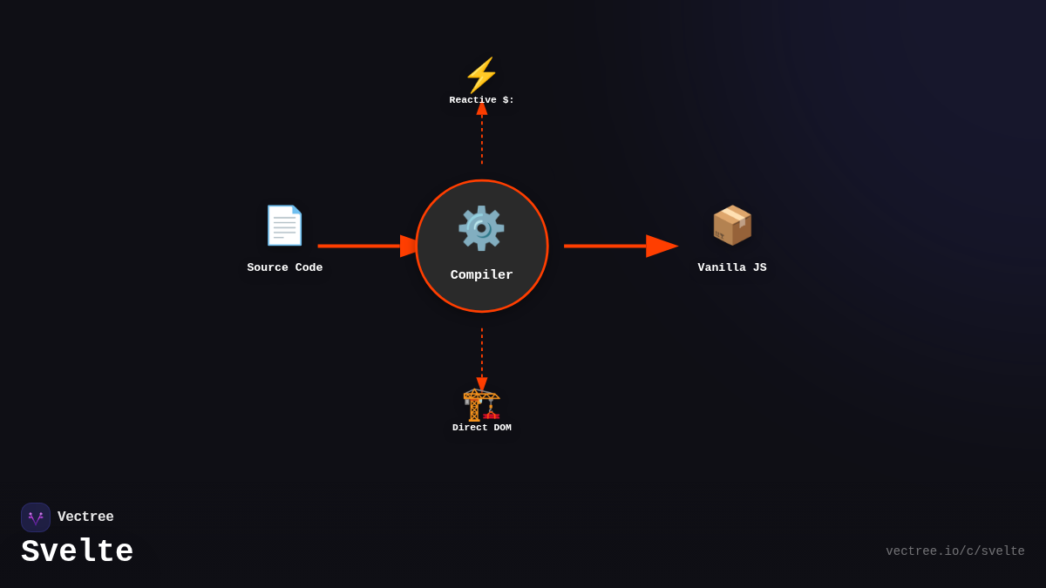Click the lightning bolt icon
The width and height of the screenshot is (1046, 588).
point(481,75)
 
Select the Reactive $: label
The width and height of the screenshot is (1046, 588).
point(481,100)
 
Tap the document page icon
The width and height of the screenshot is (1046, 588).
point(284,226)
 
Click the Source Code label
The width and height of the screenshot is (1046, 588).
point(284,268)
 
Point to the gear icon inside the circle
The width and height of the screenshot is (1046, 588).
point(481,228)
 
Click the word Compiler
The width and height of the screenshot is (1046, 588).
point(481,275)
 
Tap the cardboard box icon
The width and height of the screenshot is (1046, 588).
point(732,225)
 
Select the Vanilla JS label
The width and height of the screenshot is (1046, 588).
point(732,268)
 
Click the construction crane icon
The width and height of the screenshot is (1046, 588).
point(481,404)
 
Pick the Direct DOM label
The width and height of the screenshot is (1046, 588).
point(481,428)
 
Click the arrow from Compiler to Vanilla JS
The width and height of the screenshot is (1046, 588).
point(619,247)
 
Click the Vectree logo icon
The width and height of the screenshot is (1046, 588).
point(36,517)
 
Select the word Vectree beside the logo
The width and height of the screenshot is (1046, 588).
point(85,517)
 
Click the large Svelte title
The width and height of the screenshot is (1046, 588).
point(77,552)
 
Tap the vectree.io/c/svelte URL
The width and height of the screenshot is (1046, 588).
point(954,551)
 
